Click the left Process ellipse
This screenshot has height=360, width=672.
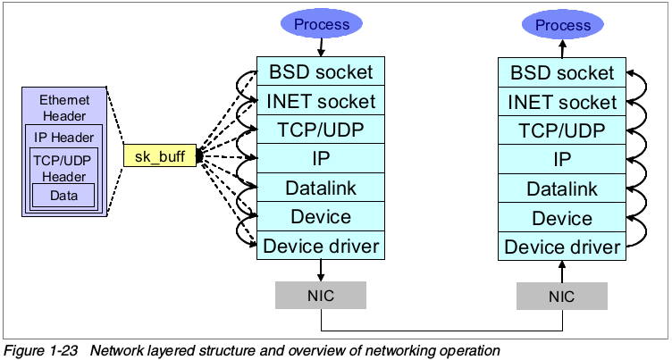[321, 24]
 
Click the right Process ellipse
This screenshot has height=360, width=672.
[563, 25]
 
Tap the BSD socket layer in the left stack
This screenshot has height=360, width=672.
[320, 71]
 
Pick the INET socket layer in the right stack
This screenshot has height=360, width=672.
[562, 102]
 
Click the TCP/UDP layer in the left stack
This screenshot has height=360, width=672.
[320, 130]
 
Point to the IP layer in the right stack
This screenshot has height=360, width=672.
[562, 160]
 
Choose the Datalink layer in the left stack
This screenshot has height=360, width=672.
[320, 188]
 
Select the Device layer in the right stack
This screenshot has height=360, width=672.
[562, 217]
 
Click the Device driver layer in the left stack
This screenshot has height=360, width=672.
[320, 246]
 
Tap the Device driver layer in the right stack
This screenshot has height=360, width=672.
[562, 247]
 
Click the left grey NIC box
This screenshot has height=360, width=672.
[320, 296]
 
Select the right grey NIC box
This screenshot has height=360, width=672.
[562, 296]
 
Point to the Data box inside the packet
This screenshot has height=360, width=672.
[63, 195]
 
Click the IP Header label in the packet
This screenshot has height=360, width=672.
[63, 138]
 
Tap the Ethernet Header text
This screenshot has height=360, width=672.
[63, 108]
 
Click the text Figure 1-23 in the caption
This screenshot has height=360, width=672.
[36, 349]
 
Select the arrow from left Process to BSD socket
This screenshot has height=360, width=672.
[321, 48]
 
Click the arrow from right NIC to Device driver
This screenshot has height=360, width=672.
[562, 271]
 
